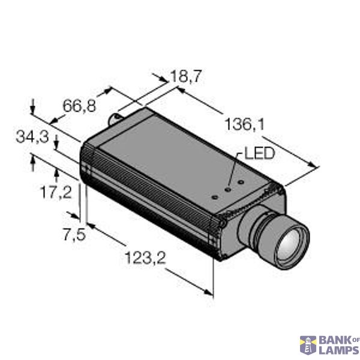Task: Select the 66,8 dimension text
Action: point(79,106)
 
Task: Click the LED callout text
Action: point(259,154)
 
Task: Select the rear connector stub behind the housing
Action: point(116,116)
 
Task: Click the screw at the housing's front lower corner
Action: point(222,224)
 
